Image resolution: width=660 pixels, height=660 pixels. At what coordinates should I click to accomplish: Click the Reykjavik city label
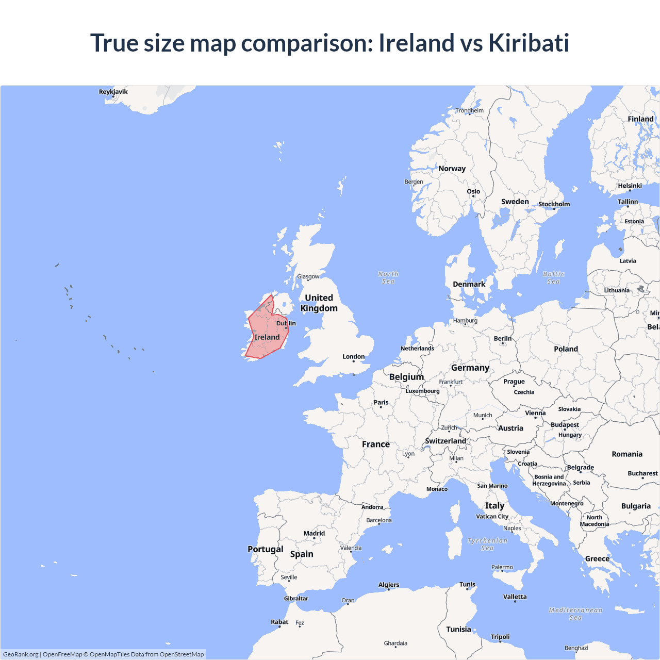[113, 92]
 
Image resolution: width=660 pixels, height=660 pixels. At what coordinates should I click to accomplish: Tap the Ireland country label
[267, 337]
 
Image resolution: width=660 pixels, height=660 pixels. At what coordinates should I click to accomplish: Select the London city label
[353, 356]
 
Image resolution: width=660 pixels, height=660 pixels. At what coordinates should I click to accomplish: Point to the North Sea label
[388, 278]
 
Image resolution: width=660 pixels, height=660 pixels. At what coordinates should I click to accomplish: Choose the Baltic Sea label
[553, 278]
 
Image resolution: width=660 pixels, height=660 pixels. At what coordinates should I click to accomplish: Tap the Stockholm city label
[554, 204]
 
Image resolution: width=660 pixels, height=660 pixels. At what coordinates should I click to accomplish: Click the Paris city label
[381, 402]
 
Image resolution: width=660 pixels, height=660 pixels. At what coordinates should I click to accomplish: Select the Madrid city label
[314, 533]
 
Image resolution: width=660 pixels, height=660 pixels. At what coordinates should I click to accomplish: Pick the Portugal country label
[266, 549]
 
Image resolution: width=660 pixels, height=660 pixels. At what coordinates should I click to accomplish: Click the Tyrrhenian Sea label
[487, 544]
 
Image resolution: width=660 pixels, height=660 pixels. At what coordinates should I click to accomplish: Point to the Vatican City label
[492, 516]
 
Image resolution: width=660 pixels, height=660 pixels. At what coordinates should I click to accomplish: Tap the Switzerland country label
[445, 441]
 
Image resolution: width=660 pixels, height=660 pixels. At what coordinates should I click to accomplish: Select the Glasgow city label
[308, 276]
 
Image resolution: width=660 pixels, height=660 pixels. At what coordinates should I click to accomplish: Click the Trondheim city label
[469, 110]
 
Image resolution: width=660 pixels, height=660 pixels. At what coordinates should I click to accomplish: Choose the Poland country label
[566, 349]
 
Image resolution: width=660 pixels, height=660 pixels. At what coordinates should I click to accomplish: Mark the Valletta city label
[515, 597]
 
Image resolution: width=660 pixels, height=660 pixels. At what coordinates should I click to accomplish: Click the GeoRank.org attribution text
[21, 654]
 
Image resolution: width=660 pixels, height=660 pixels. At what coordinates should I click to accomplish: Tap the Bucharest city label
[642, 473]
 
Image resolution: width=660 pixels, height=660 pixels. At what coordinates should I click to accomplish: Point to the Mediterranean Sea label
[575, 614]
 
